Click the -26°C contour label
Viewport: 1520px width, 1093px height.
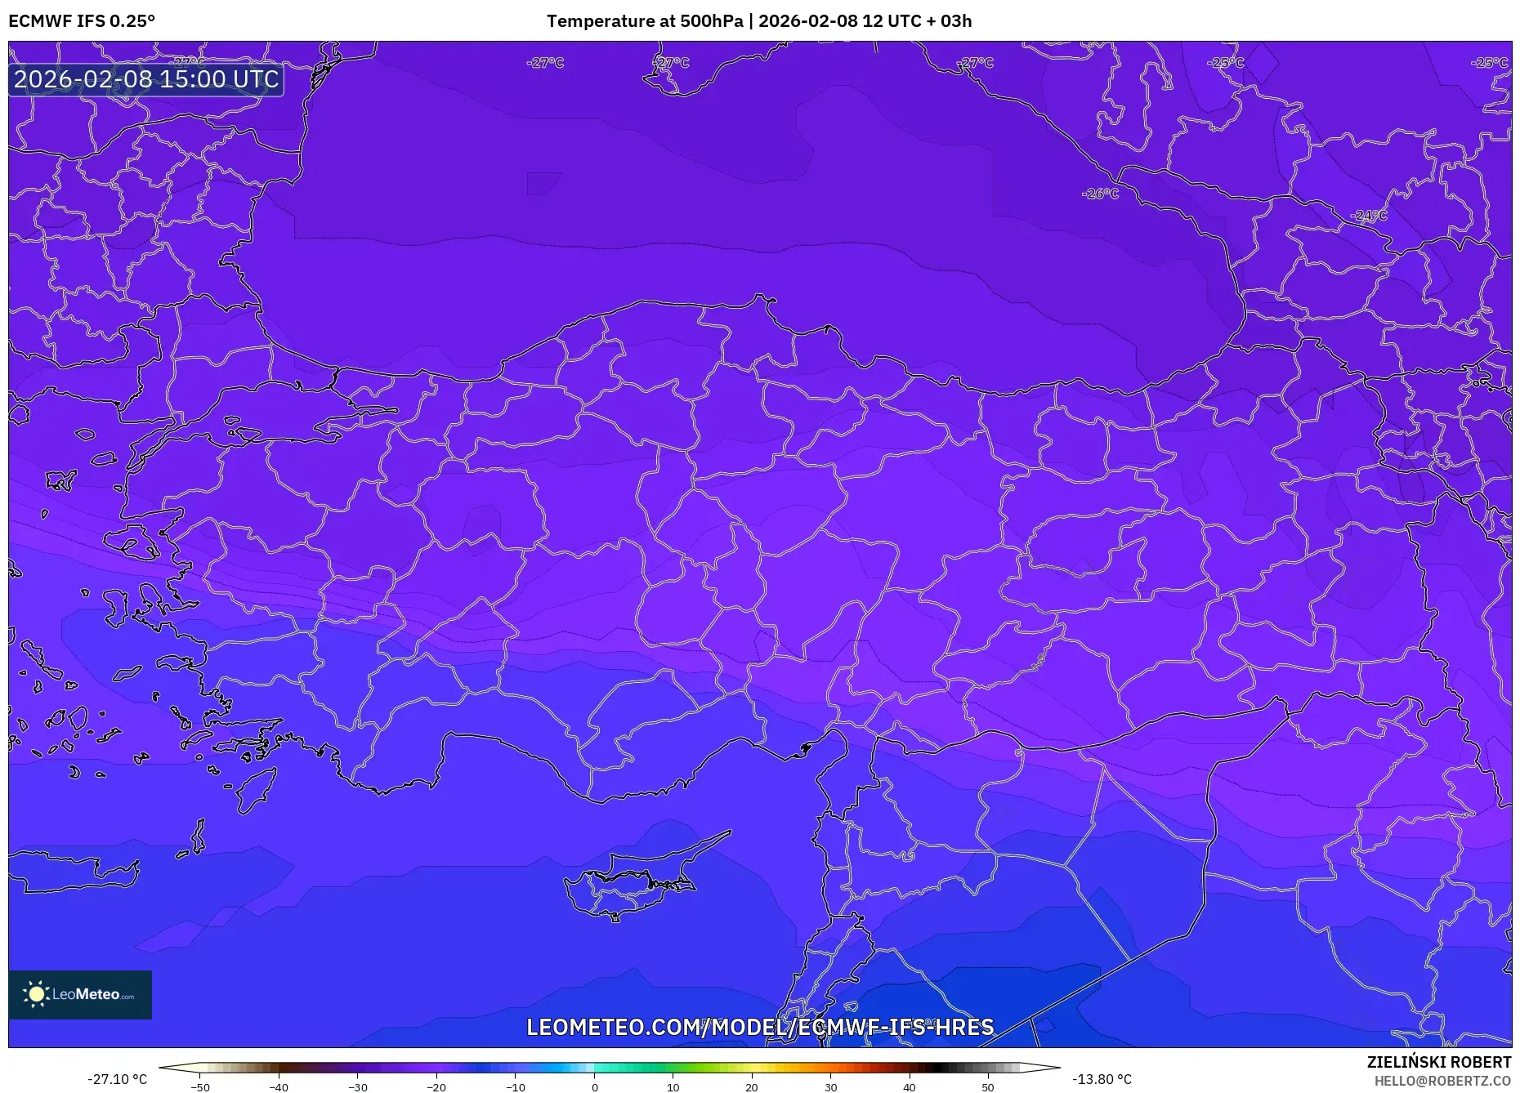point(1100,194)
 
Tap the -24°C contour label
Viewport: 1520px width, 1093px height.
point(1370,216)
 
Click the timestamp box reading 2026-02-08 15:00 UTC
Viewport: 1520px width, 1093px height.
point(146,79)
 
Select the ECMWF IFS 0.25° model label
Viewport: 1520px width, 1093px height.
point(82,21)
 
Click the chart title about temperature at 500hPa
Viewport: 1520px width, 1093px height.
point(759,21)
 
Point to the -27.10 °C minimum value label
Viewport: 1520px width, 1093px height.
point(118,1079)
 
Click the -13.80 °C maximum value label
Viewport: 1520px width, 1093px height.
point(1102,1079)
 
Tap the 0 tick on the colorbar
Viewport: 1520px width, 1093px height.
point(595,1086)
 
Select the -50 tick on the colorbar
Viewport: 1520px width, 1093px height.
point(200,1086)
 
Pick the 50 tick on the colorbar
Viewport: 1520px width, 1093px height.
point(988,1086)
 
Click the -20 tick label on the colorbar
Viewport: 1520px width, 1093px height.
point(436,1086)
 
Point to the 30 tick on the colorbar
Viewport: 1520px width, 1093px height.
point(830,1086)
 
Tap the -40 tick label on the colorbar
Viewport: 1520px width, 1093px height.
point(279,1086)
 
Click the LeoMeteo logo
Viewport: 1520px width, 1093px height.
point(80,994)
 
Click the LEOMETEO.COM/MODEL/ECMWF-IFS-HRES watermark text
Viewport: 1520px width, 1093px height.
point(760,1027)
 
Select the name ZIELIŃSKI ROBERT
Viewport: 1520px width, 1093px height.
point(1439,1062)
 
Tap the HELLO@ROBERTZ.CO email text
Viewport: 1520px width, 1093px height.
point(1442,1081)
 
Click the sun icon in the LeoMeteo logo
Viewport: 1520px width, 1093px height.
point(36,994)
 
